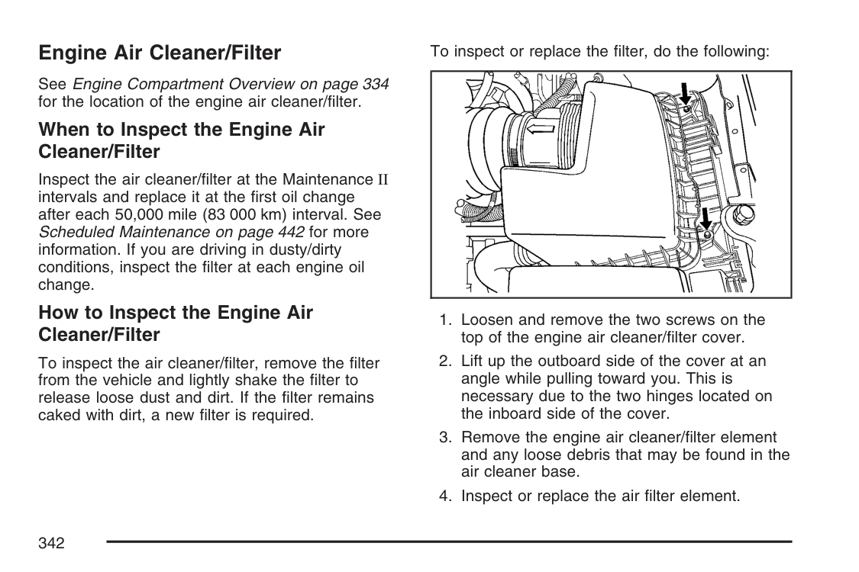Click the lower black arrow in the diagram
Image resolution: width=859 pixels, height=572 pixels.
click(706, 217)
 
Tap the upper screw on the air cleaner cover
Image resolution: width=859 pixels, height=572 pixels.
click(688, 110)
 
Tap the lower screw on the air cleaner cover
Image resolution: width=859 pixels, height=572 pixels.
click(708, 233)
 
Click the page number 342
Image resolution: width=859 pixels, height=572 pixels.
click(50, 543)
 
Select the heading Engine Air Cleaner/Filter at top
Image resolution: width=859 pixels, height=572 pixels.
click(160, 53)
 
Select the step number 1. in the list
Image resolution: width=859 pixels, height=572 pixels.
click(446, 320)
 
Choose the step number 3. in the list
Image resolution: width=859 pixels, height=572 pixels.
click(446, 438)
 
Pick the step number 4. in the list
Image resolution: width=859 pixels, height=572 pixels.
click(446, 496)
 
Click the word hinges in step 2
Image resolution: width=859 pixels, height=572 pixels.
click(689, 397)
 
